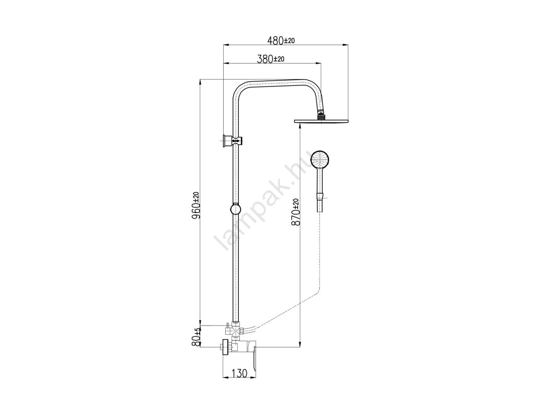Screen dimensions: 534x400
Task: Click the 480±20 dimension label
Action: tap(281, 41)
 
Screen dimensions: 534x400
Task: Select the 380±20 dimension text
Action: tap(271, 59)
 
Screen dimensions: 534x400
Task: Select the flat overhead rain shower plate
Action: tap(321, 121)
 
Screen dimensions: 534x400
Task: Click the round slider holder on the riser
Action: tap(235, 209)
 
